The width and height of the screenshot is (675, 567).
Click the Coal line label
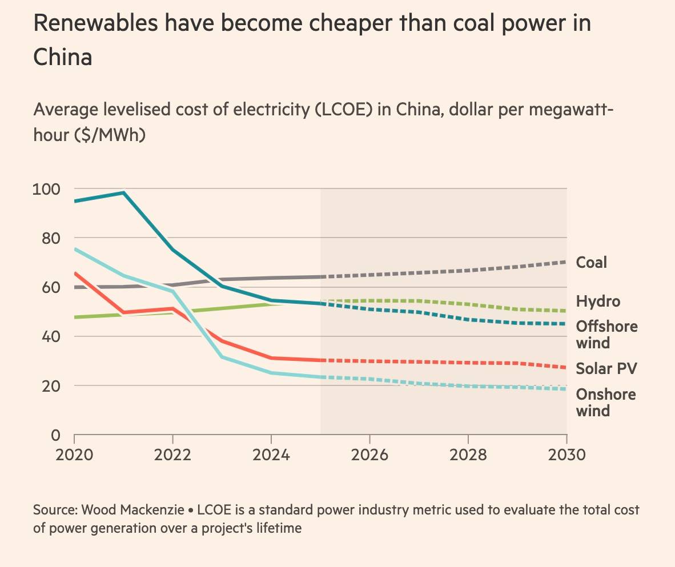(591, 263)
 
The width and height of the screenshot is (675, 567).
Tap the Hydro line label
(597, 301)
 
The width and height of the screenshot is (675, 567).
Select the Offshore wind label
(606, 335)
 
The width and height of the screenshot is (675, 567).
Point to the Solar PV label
(606, 368)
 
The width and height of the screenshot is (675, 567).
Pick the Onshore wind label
(605, 403)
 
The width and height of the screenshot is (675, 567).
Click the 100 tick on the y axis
(48, 188)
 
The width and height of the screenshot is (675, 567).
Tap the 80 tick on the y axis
(51, 238)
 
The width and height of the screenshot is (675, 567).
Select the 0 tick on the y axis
(55, 435)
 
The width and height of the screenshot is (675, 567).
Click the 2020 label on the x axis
(74, 455)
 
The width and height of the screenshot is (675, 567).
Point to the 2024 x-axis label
(271, 455)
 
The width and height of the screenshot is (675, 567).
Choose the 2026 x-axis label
(370, 455)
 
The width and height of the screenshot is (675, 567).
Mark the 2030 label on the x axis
(566, 455)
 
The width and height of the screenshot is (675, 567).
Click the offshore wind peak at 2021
(123, 193)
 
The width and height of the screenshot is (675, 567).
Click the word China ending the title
(63, 58)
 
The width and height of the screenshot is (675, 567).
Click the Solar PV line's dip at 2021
(123, 312)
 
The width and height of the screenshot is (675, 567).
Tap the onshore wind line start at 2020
(75, 249)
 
